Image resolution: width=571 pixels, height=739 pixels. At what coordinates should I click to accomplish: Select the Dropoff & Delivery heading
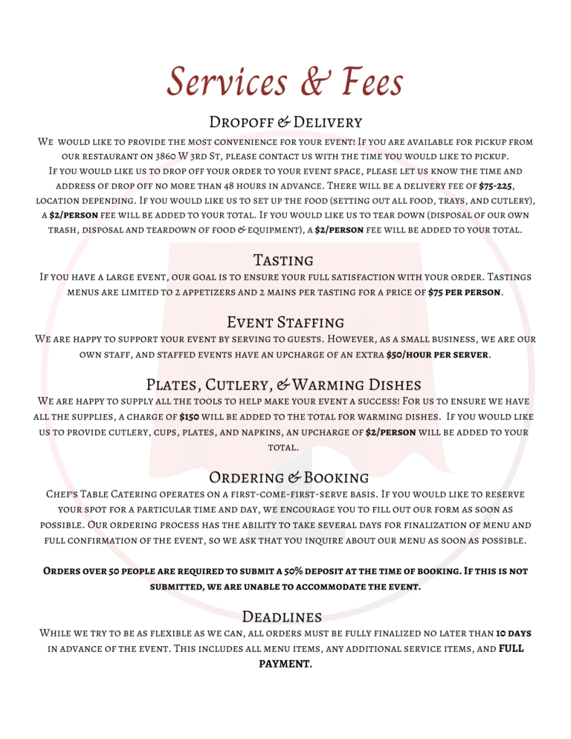tap(285, 122)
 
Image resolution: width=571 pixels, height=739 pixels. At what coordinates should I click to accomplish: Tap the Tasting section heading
tap(283, 260)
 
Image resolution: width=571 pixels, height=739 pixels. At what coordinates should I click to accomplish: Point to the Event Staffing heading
tap(285, 323)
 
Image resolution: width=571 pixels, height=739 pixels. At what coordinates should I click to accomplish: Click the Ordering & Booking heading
tap(288, 477)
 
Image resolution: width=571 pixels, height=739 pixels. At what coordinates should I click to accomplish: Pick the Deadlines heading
tap(282, 616)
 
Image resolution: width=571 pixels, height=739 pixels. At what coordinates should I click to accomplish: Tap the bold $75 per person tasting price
tap(464, 292)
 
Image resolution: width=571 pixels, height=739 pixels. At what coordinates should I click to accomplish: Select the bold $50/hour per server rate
tap(437, 355)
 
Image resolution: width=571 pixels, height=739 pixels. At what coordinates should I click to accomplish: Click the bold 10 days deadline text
tap(514, 633)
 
